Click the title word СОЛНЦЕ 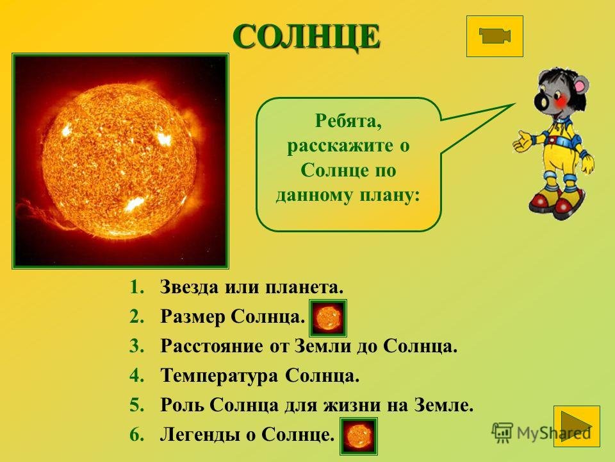(306, 37)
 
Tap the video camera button (495, 36)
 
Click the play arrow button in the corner (577, 426)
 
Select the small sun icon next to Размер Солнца (328, 318)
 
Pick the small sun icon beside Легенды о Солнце (359, 436)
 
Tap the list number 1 (136, 287)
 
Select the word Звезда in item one (190, 287)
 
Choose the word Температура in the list (219, 375)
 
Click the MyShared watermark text (553, 433)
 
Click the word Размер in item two (192, 316)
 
